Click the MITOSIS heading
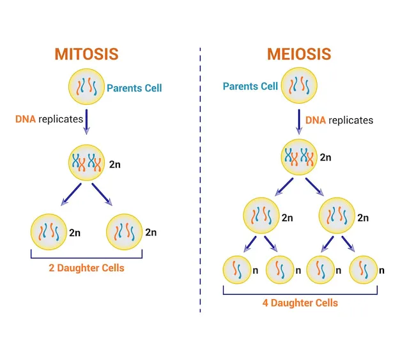pos(86,54)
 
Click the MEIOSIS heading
pos(298,54)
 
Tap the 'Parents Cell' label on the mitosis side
pos(135,88)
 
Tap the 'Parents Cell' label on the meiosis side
pos(250,86)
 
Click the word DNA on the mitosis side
pos(26,119)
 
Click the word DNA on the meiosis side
pos(316,120)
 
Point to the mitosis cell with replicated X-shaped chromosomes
pos(86,163)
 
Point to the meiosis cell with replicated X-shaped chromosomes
pos(298,157)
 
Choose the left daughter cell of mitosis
pos(48,231)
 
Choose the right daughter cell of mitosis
pos(124,231)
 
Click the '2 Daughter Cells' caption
pos(86,268)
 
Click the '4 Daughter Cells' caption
pos(300,302)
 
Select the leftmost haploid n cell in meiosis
pos(236,270)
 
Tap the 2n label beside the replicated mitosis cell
pos(114,164)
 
